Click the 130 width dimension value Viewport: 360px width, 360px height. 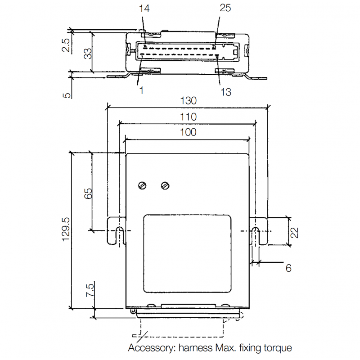click(188, 102)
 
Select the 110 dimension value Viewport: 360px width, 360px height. click(188, 117)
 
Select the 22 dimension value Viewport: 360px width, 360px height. click(294, 232)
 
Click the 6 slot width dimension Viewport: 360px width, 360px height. click(288, 268)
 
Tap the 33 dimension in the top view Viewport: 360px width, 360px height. click(88, 53)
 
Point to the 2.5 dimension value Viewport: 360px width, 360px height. click(66, 45)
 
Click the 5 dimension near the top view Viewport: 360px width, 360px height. click(67, 95)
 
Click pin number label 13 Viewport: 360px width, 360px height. click(225, 92)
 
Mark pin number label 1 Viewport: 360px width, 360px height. click(141, 90)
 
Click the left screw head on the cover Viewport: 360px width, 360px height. click(143, 185)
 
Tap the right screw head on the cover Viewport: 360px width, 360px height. click(165, 185)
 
